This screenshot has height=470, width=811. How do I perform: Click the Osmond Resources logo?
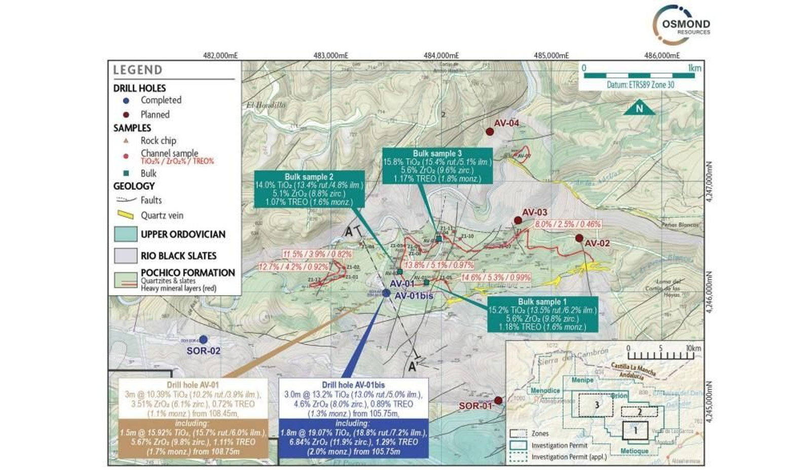[x=682, y=25]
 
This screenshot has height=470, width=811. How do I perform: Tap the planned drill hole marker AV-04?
[x=490, y=132]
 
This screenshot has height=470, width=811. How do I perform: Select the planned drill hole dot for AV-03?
[x=518, y=221]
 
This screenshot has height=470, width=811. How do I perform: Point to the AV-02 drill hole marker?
[x=579, y=238]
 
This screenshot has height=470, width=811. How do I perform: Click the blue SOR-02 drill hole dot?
[x=203, y=340]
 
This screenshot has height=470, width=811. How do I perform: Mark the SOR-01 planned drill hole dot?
[x=498, y=401]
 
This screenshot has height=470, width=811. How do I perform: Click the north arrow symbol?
[x=639, y=108]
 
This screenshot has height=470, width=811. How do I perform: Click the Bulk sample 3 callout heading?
[x=437, y=154]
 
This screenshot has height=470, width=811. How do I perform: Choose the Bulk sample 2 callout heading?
[x=309, y=177]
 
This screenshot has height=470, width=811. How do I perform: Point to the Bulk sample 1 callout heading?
[x=542, y=302]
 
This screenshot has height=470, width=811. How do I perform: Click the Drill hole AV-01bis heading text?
[x=353, y=385]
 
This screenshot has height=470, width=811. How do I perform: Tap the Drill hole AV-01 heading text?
[x=193, y=385]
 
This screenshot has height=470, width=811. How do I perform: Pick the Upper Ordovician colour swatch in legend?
[x=125, y=234]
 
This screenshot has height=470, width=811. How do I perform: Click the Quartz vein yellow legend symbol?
[x=125, y=215]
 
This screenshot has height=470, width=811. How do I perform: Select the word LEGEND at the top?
[x=137, y=70]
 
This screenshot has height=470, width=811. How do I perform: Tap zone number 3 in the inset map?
[x=597, y=405]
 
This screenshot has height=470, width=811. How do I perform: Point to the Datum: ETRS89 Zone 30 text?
[x=640, y=85]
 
